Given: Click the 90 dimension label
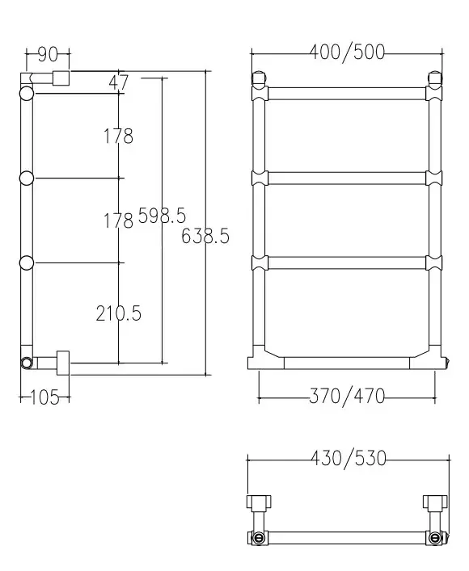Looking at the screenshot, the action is point(48,55).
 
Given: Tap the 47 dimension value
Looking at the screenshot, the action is point(119,82).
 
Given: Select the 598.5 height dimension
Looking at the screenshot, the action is point(162,215).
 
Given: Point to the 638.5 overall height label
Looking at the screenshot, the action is point(205,236).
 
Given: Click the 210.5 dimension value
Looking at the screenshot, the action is point(119,313).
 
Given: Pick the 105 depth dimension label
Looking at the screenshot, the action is point(44,397).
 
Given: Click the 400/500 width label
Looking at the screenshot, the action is point(347,52).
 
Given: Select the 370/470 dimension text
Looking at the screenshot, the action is point(347,396).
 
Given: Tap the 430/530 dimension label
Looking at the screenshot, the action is point(349,458).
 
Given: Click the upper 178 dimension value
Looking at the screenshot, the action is point(119,136).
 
